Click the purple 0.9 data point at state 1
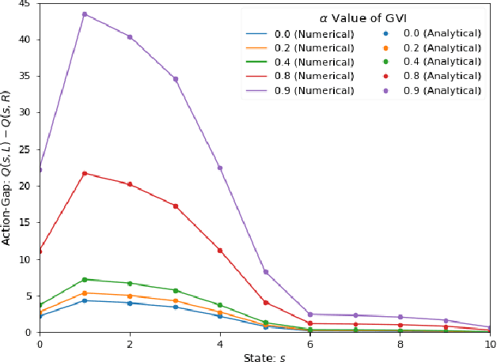pyautogui.click(x=85, y=14)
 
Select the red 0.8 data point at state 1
pyautogui.click(x=85, y=173)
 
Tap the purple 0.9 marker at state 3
pyautogui.click(x=175, y=79)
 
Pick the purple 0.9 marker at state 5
pyautogui.click(x=265, y=272)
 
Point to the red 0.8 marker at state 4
pyautogui.click(x=220, y=250)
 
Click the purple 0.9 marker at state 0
pyautogui.click(x=40, y=170)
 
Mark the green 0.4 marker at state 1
pyautogui.click(x=85, y=280)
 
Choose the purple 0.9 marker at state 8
pyautogui.click(x=400, y=317)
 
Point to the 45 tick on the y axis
pyautogui.click(x=25, y=4)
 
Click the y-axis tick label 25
pyautogui.click(x=25, y=149)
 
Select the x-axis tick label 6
pyautogui.click(x=310, y=345)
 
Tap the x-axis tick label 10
pyautogui.click(x=489, y=345)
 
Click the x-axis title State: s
pyautogui.click(x=265, y=357)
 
